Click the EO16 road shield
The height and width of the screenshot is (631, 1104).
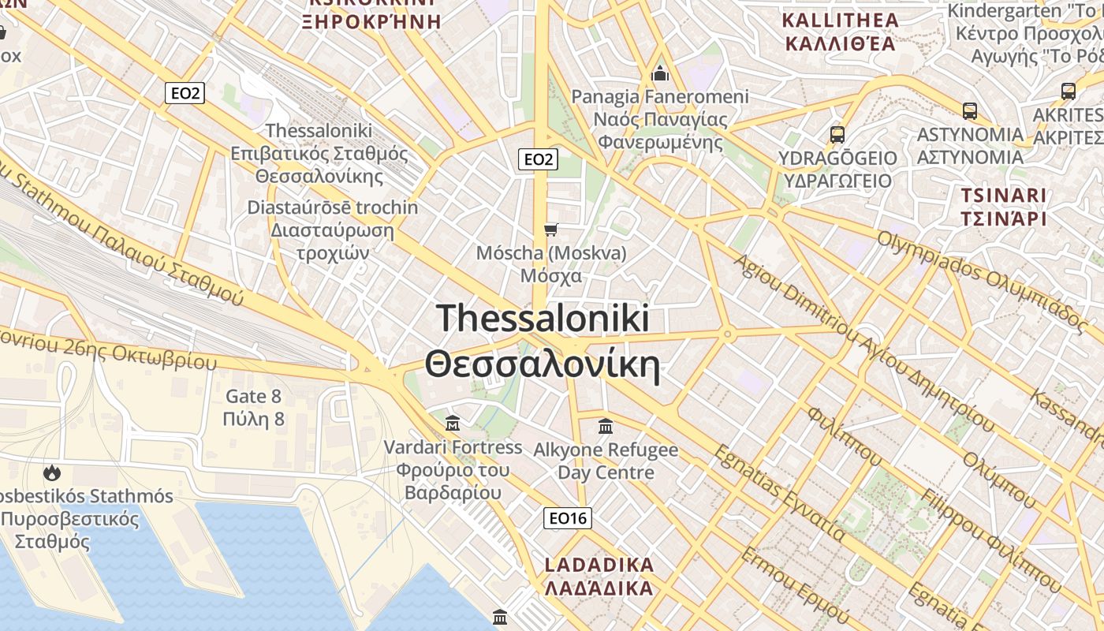point(568,518)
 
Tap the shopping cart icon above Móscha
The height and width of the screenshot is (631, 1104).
point(551,230)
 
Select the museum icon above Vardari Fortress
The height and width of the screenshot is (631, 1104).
point(453,424)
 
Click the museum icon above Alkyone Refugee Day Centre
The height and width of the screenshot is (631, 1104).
point(606,427)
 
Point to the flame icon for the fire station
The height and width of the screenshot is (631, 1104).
point(52,472)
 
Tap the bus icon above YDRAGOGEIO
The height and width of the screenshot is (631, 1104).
point(837,134)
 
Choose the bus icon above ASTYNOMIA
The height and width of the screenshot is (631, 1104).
point(970,110)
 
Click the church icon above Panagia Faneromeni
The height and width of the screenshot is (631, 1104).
point(660,73)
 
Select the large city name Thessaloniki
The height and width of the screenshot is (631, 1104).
point(543,318)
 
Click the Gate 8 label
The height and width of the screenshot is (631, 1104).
point(254,396)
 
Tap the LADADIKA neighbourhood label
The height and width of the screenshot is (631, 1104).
point(599,565)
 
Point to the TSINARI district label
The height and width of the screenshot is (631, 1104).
point(1003,195)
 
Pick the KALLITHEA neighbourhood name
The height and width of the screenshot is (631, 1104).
point(839,20)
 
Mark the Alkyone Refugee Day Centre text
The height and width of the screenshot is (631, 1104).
point(606,461)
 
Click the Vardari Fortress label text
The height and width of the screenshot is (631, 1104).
point(453,447)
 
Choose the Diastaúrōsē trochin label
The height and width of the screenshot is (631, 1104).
point(333,207)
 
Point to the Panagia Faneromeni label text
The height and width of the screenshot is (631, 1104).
point(660,97)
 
